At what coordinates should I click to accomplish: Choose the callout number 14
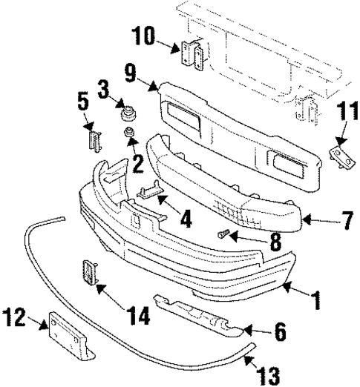click(138, 317)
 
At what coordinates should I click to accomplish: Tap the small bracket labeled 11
click(338, 156)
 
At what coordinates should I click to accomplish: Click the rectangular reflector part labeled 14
click(88, 274)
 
